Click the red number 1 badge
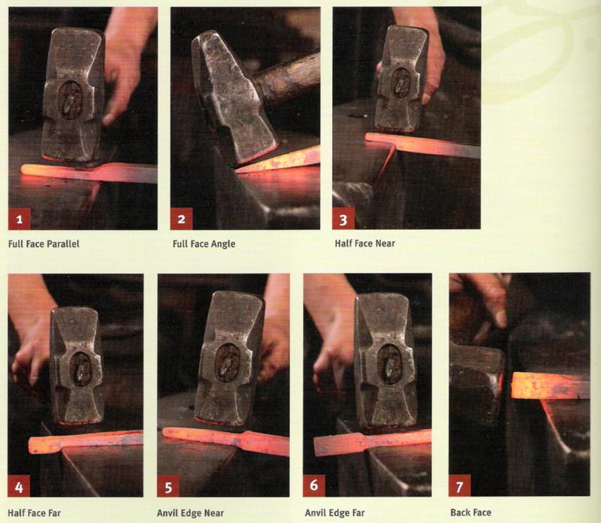[x=20, y=219]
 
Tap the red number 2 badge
[x=181, y=219]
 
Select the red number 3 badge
[x=343, y=219]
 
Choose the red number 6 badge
[x=314, y=485]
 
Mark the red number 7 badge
[x=460, y=485]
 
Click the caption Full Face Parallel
[x=44, y=244]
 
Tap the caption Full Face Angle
[x=204, y=244]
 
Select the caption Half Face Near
[x=365, y=243]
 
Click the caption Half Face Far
[x=34, y=513]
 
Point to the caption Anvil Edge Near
[x=191, y=513]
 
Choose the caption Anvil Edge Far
[x=335, y=512]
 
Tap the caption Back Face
[x=471, y=512]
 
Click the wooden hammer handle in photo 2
[x=288, y=80]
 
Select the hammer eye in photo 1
[x=70, y=100]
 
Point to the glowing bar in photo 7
[x=550, y=385]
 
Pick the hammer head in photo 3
[x=401, y=79]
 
